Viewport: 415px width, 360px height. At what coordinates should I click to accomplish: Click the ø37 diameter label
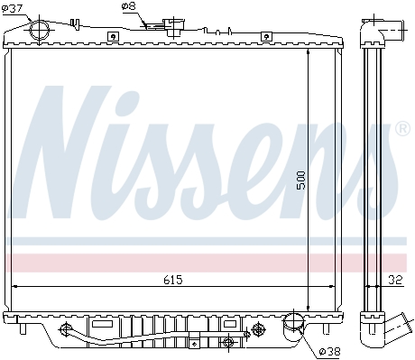pyautogui.click(x=13, y=8)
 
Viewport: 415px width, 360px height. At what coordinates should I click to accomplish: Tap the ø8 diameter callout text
pyautogui.click(x=129, y=6)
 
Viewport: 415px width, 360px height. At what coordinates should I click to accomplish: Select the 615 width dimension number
pyautogui.click(x=173, y=280)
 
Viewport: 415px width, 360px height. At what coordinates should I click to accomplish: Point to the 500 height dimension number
pyautogui.click(x=300, y=180)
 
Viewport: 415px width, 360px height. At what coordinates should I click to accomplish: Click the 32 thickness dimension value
pyautogui.click(x=395, y=280)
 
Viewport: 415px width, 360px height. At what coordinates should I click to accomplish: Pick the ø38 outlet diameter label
pyautogui.click(x=330, y=351)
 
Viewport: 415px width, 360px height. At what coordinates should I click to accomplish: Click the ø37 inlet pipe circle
pyautogui.click(x=40, y=30)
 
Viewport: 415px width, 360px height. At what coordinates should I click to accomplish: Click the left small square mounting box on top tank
pyautogui.click(x=113, y=36)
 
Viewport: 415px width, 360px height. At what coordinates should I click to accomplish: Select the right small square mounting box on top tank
pyautogui.click(x=266, y=36)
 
